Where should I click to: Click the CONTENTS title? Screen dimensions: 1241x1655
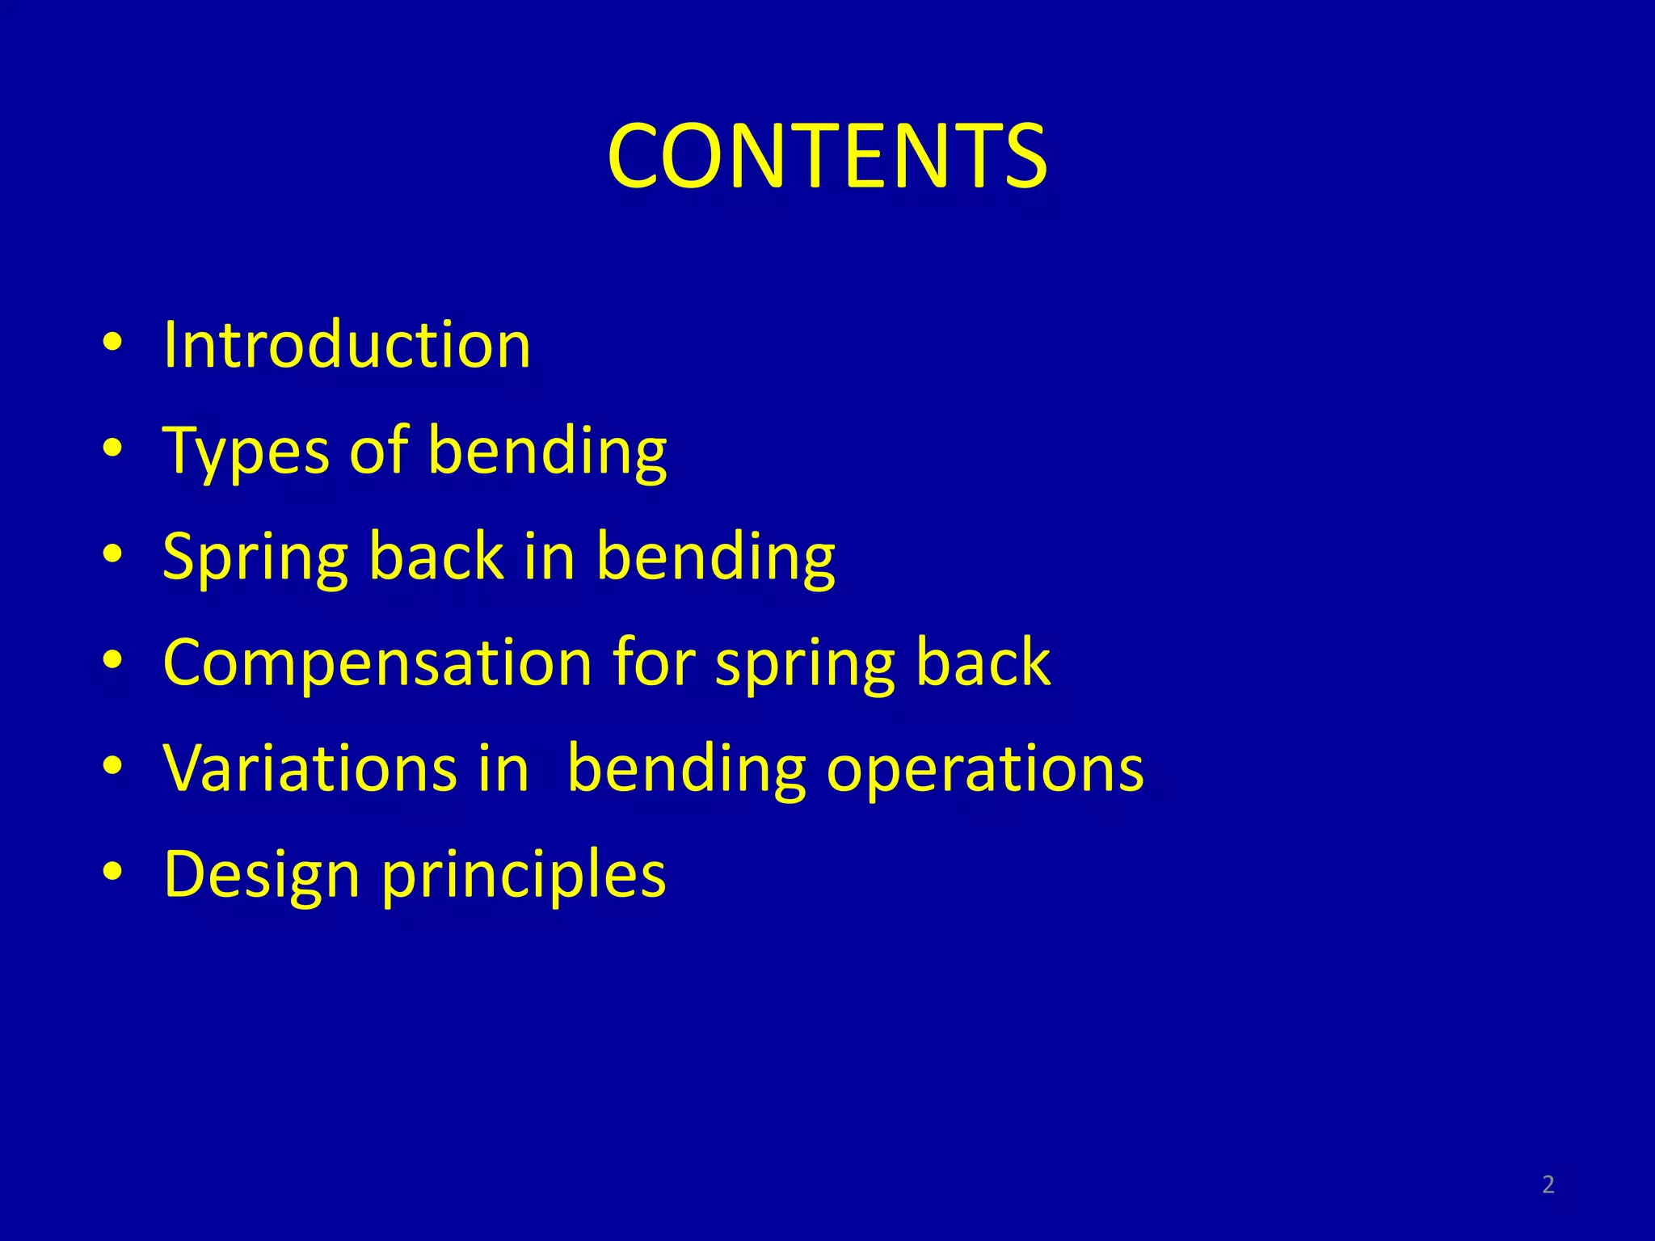[x=827, y=156]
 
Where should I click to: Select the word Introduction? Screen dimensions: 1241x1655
[x=347, y=345]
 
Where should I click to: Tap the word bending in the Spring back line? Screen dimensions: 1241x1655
[x=715, y=557]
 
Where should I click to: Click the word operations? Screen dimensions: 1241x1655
[x=984, y=769]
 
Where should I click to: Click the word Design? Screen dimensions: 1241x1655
[x=261, y=875]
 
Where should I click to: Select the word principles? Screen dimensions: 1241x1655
[x=524, y=875]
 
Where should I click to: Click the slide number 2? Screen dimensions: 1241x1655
[x=1548, y=1184]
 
